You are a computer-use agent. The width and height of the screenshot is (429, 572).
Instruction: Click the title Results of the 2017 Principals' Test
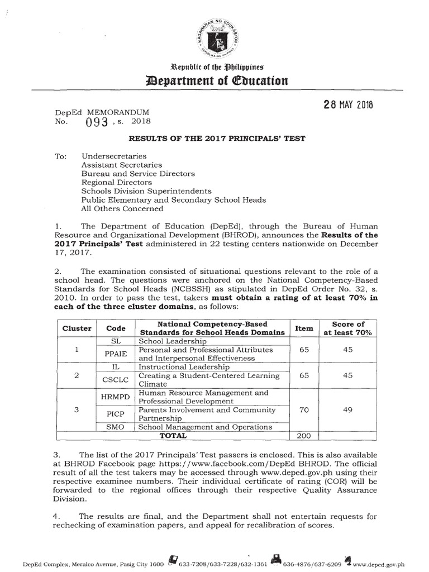tap(214, 139)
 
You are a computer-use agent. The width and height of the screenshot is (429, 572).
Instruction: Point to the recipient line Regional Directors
tap(116, 182)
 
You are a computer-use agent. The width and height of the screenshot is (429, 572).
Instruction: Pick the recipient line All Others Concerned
tap(122, 208)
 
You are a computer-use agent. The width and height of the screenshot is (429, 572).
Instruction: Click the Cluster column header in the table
tap(77, 328)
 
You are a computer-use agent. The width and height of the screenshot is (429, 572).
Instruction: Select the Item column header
tap(304, 328)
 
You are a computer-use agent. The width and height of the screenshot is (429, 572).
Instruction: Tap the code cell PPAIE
tap(116, 353)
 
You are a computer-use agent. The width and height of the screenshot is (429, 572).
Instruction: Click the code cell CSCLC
tap(116, 380)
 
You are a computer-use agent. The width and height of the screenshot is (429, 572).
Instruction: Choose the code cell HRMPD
tap(116, 397)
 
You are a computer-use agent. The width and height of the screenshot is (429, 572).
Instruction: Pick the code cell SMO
tap(116, 427)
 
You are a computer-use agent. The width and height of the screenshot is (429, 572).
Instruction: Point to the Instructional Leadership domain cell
tap(184, 367)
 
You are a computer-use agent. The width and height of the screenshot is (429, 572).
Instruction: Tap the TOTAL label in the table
tap(174, 435)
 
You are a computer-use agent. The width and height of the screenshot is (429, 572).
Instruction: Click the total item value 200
tap(304, 435)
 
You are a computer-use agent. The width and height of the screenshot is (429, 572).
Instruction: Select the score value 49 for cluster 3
tap(348, 409)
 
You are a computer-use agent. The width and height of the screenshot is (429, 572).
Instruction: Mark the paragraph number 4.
tap(57, 516)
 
